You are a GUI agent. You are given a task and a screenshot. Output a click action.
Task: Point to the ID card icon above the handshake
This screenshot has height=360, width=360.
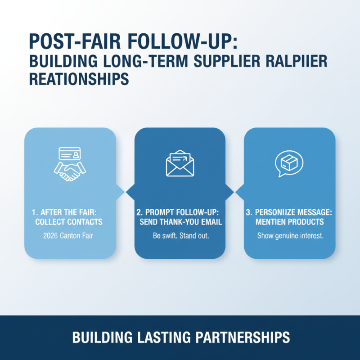(69, 154)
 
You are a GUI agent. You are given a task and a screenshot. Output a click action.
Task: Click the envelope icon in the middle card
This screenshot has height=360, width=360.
(180, 163)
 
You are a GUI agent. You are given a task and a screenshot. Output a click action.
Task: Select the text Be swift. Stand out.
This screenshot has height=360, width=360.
(180, 235)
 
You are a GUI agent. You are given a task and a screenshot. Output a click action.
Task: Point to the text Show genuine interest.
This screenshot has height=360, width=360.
(290, 235)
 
